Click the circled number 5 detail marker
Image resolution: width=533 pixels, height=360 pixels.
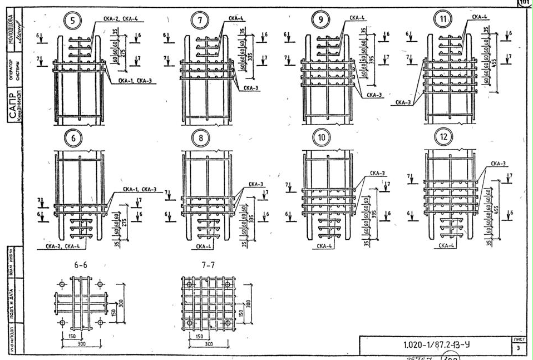pos(73,22)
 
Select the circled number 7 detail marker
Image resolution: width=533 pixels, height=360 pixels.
pos(199,22)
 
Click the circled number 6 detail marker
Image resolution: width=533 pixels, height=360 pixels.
pos(73,137)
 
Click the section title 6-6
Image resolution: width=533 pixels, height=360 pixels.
pos(81,266)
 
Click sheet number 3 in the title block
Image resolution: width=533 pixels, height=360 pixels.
pos(517,348)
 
